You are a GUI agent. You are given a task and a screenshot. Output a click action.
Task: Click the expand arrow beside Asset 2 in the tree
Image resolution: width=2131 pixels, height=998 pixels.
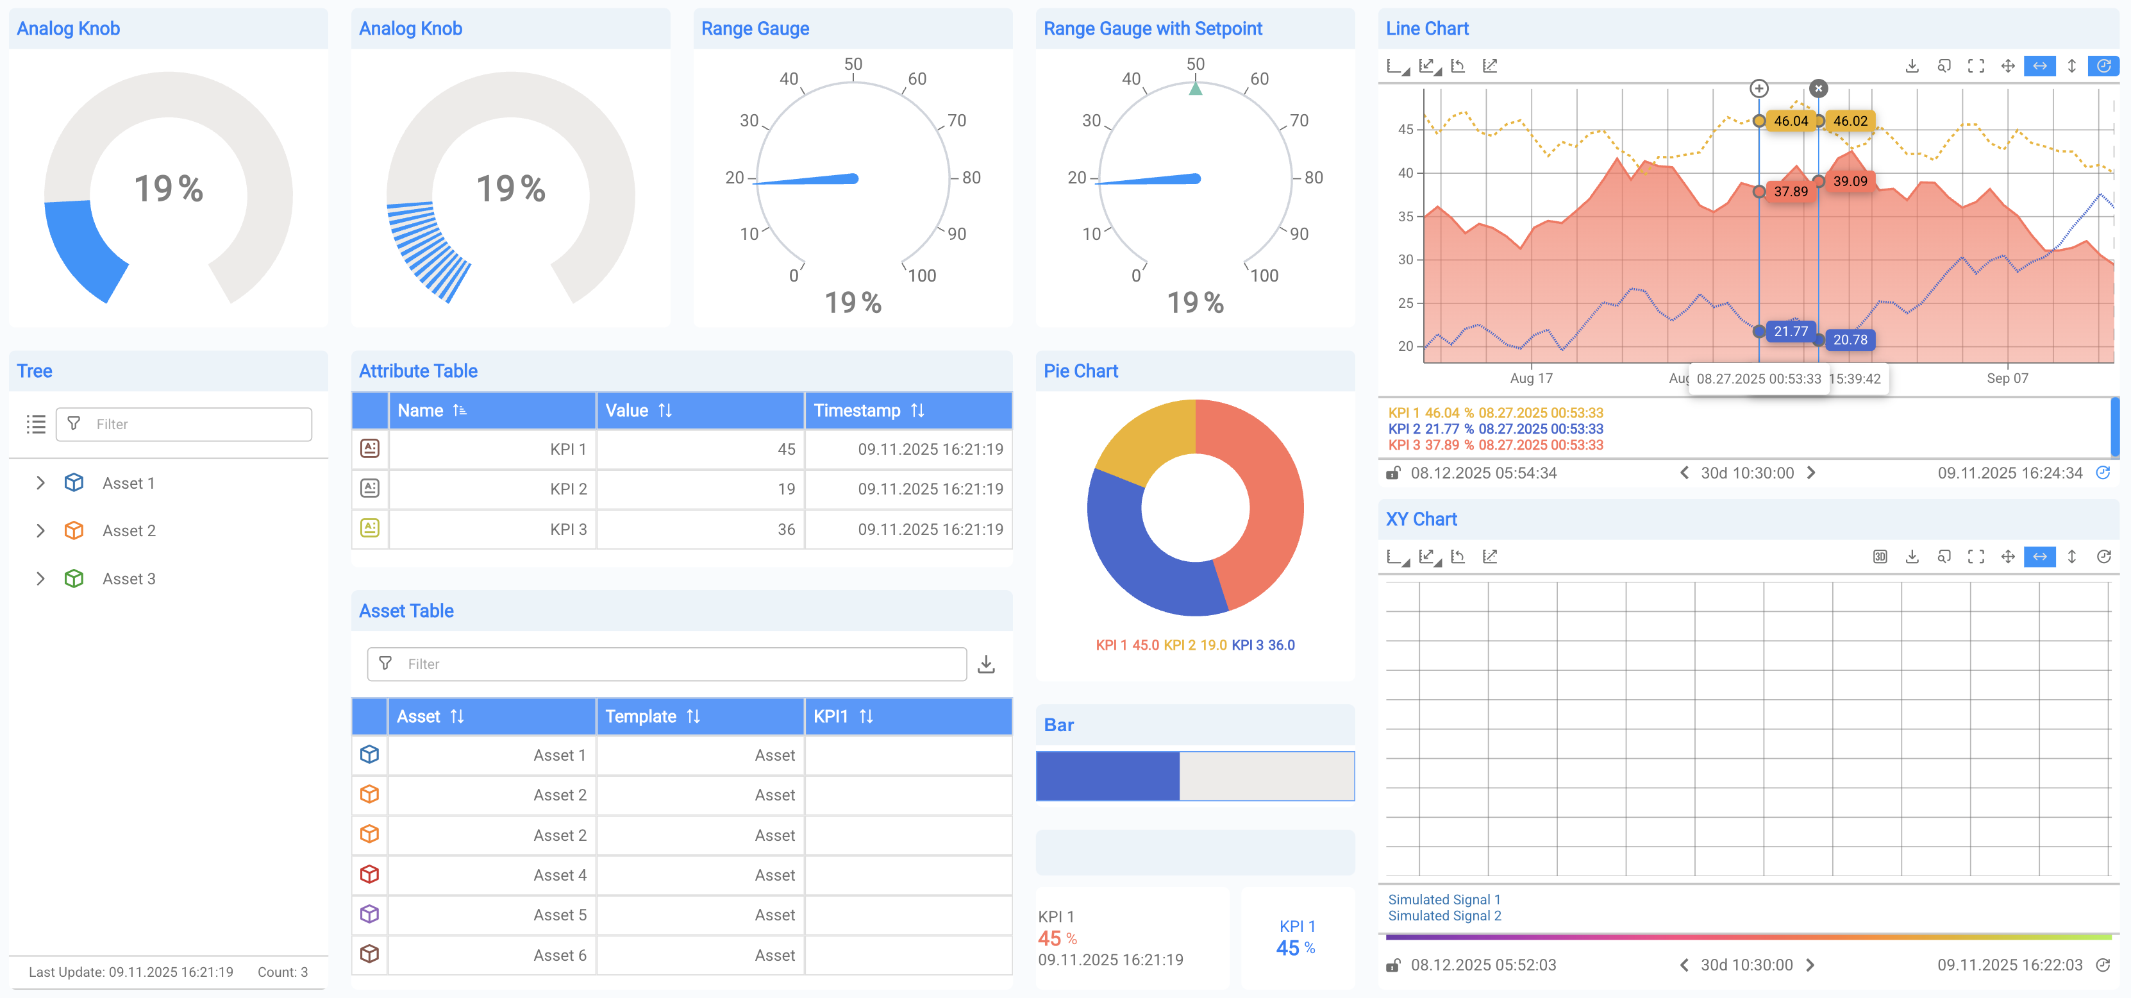click(x=40, y=530)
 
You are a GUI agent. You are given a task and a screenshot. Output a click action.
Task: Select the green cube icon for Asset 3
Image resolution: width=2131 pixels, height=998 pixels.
click(x=74, y=579)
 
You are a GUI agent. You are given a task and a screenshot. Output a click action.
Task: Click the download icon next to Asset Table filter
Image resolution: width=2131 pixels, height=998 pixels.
click(x=986, y=664)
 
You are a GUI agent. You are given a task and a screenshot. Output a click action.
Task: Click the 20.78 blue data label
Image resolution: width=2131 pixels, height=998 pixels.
click(x=1850, y=339)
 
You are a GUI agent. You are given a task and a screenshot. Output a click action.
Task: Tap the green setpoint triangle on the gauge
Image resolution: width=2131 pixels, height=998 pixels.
click(x=1196, y=88)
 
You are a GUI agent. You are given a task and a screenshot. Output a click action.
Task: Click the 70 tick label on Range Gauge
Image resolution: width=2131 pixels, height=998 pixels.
click(x=957, y=121)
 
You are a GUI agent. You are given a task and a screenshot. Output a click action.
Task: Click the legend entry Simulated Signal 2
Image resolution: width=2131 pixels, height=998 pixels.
click(x=1444, y=915)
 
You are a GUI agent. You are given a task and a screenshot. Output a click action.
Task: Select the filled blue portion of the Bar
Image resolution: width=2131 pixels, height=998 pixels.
click(x=1107, y=775)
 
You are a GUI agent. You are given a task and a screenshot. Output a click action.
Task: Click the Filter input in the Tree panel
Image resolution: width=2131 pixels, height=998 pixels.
click(x=199, y=424)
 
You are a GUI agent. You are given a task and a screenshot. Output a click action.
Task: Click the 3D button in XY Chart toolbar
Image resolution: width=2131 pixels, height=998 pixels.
click(x=1880, y=556)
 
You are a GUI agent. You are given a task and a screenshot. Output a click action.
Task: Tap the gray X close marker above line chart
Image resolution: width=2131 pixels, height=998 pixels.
click(x=1818, y=88)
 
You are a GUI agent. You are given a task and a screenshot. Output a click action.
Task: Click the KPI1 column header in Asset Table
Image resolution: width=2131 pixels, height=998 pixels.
click(x=842, y=716)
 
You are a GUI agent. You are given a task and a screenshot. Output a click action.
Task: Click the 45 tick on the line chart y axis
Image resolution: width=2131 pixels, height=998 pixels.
click(x=1405, y=129)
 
